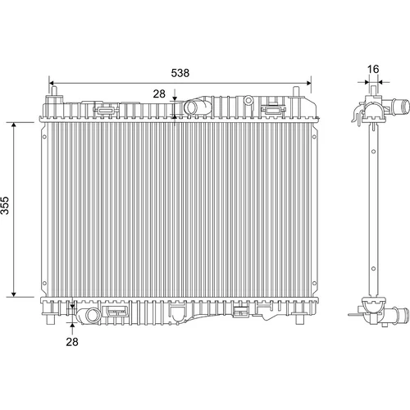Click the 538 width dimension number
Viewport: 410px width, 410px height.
(x=180, y=73)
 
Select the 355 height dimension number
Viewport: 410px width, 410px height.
(x=5, y=205)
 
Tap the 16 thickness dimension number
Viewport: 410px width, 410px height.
(x=373, y=69)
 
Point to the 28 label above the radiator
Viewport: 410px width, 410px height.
(x=159, y=93)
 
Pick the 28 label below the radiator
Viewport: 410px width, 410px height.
(x=72, y=342)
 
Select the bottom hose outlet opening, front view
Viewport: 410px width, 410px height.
(x=93, y=315)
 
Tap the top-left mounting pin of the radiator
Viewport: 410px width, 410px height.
(x=54, y=91)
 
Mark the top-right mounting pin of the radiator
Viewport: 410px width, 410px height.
(x=296, y=91)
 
